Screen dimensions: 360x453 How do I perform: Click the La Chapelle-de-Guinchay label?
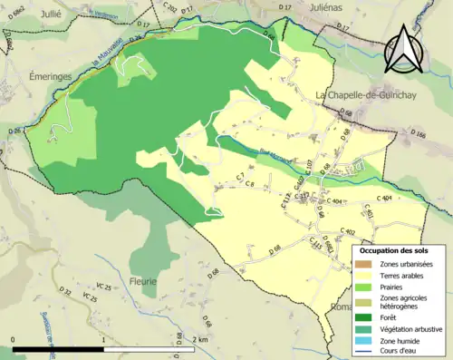click(371, 94)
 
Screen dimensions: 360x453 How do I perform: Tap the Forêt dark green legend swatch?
click(365, 317)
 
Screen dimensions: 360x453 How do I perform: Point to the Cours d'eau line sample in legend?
click(365, 353)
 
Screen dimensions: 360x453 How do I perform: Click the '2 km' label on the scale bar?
click(200, 340)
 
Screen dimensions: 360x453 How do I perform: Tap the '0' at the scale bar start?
click(14, 340)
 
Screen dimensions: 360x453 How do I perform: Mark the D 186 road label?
click(419, 134)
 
